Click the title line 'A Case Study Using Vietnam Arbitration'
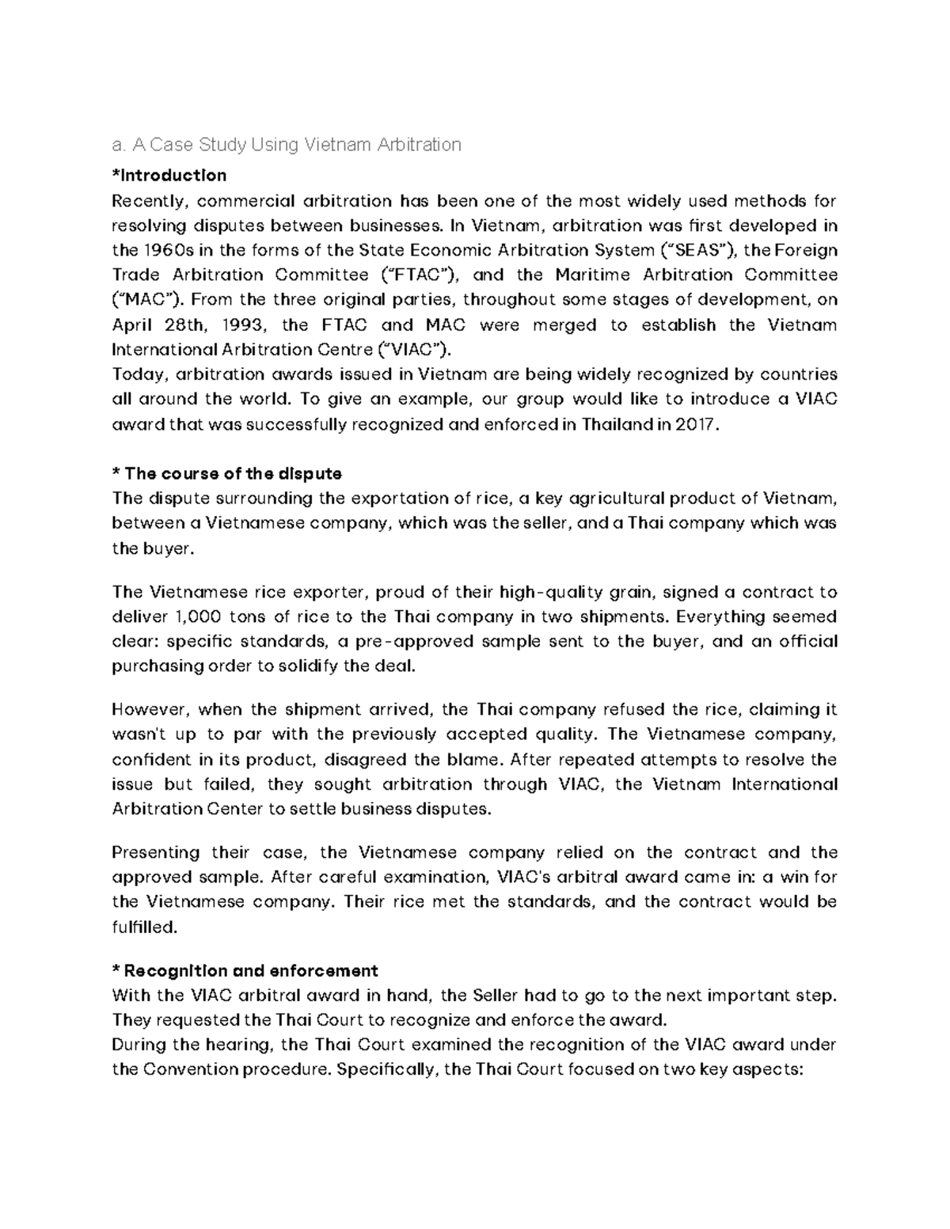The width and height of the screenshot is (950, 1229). click(x=287, y=145)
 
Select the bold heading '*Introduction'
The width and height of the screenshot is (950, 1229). click(x=169, y=175)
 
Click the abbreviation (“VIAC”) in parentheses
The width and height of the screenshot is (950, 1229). click(x=414, y=349)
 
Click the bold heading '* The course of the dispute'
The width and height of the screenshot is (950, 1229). click(x=227, y=473)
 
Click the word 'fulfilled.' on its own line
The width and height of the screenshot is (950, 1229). click(x=145, y=927)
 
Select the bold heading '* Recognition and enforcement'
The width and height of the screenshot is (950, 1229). click(x=245, y=970)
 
